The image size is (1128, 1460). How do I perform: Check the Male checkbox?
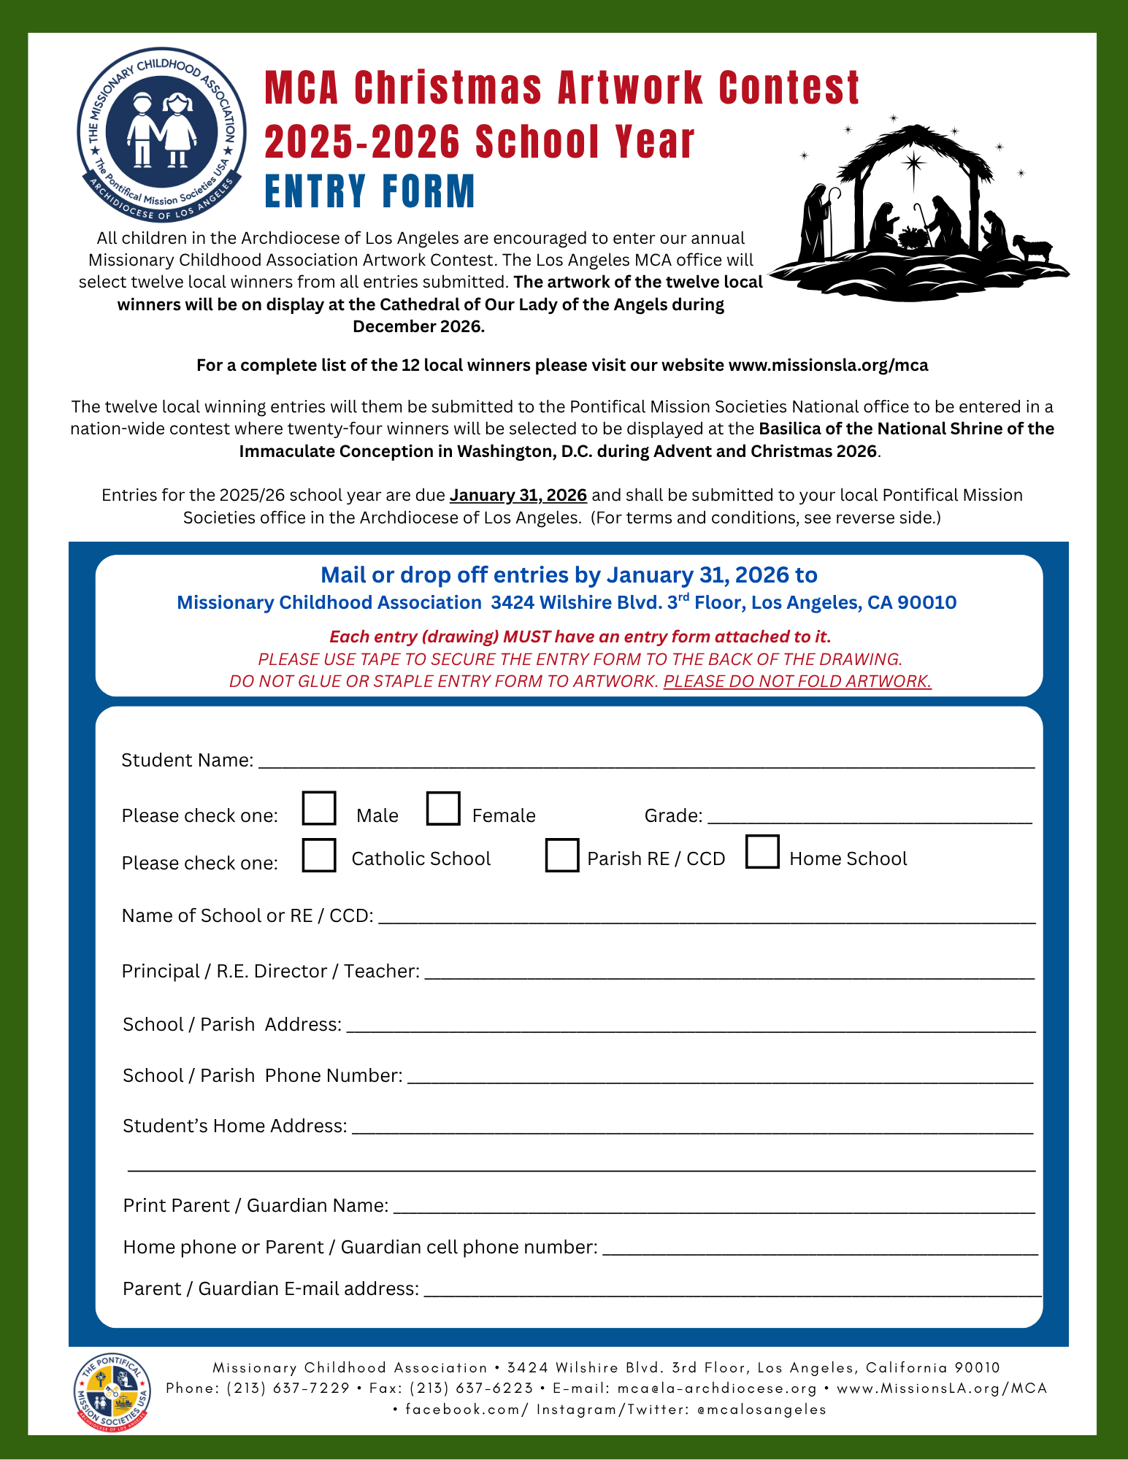pyautogui.click(x=319, y=808)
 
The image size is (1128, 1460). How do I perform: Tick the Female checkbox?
pyautogui.click(x=443, y=808)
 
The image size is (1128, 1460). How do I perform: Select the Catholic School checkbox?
pyautogui.click(x=319, y=855)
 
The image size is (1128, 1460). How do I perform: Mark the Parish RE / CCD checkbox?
pyautogui.click(x=562, y=855)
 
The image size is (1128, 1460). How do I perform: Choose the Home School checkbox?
pyautogui.click(x=762, y=852)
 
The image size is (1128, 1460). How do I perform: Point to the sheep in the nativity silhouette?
pyautogui.click(x=1031, y=247)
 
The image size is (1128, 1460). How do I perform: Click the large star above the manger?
pyautogui.click(x=913, y=162)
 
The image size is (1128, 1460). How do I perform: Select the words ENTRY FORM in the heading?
pyautogui.click(x=369, y=192)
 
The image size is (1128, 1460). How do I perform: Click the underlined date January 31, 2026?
pyautogui.click(x=518, y=495)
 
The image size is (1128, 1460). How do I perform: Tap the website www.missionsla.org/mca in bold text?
pyautogui.click(x=828, y=365)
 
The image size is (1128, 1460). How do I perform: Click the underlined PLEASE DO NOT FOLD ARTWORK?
pyautogui.click(x=797, y=681)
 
